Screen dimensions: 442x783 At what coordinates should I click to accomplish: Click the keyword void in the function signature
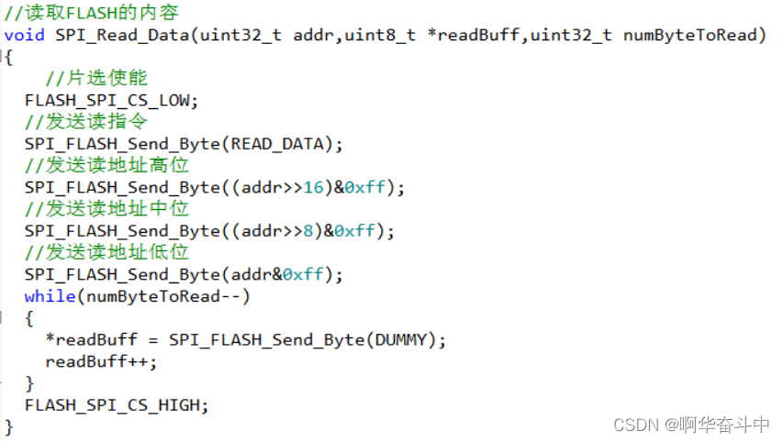click(25, 36)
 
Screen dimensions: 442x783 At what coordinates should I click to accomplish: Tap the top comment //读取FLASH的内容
click(92, 14)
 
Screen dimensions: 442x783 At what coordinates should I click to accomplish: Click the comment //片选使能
click(96, 79)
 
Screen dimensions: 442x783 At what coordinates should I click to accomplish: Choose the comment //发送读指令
click(86, 122)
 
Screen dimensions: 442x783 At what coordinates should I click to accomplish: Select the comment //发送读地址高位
click(106, 165)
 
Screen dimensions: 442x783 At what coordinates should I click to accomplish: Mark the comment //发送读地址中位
click(106, 209)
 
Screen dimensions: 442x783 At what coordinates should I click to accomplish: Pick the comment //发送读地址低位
click(106, 252)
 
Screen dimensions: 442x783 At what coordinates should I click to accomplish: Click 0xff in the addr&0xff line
click(303, 274)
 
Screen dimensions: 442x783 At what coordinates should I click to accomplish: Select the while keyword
click(50, 296)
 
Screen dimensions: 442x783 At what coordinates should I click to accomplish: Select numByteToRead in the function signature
click(693, 36)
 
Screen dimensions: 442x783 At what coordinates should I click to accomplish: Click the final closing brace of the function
click(9, 426)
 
